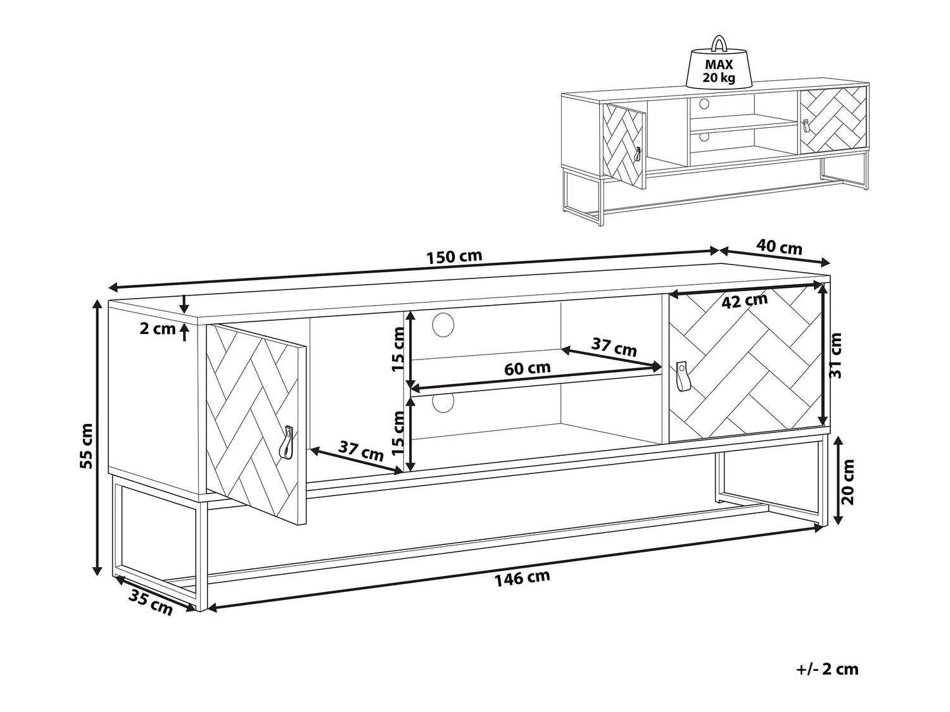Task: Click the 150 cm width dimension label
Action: point(454,257)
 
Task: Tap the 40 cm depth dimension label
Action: point(779,247)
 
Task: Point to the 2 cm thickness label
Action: point(158,329)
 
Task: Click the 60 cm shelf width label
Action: point(527,368)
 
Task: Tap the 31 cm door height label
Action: point(835,356)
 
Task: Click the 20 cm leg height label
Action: point(848,482)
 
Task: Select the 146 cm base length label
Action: point(522,578)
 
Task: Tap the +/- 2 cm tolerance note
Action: point(827,682)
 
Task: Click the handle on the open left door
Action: point(287,442)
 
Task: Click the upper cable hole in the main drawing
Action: point(443,325)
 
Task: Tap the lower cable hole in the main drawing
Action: point(443,403)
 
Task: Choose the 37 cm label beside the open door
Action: point(361,451)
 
